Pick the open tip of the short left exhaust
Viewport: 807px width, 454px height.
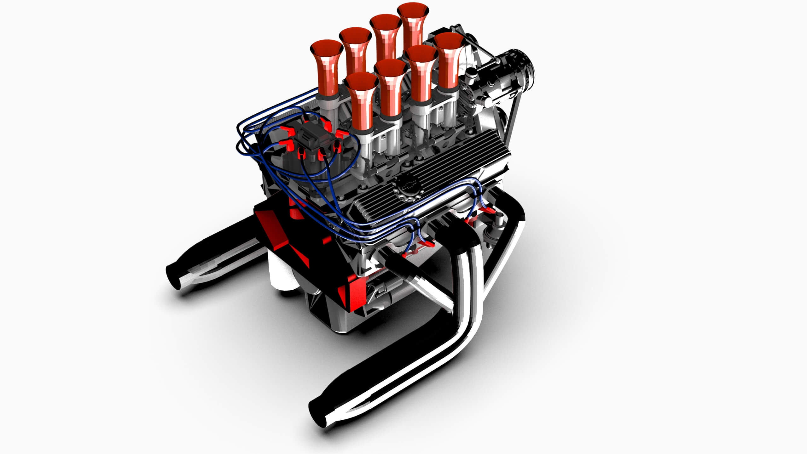(x=173, y=277)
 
